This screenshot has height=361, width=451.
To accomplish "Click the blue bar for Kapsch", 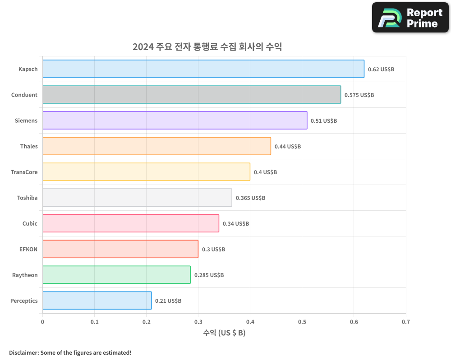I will coord(203,69).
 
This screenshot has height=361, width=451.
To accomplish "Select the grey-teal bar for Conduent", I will coord(192,95).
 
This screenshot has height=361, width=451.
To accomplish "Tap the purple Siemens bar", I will coord(175,120).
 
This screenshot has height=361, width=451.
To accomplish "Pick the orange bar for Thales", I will coord(156,146).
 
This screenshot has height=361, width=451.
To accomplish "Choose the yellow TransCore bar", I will coord(146,172).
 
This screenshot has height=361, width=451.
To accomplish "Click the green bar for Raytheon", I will coord(116,275).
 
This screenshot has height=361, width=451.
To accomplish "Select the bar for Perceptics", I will coord(97,301).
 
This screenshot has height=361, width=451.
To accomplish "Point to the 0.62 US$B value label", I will coord(381,69).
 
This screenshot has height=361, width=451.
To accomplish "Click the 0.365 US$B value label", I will coord(250,198).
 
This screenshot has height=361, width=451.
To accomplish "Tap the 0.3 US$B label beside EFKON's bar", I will coord(213,250).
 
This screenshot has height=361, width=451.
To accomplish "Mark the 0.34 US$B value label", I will coord(236,224).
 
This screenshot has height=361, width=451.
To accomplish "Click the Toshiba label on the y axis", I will coord(28,198).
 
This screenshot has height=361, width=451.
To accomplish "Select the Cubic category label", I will coord(30,223).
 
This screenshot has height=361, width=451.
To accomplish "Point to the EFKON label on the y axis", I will coord(29,249).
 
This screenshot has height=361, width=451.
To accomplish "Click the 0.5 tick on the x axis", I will coord(302,322).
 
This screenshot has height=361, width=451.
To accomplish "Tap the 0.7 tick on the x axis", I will coord(406,322).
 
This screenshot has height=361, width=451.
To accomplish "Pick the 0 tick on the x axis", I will coord(42,322).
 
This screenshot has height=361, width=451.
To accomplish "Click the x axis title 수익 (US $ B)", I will coord(224,333).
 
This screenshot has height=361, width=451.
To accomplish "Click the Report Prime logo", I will coord(410,18).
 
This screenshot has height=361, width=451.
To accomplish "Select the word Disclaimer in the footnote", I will coord(23,352).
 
